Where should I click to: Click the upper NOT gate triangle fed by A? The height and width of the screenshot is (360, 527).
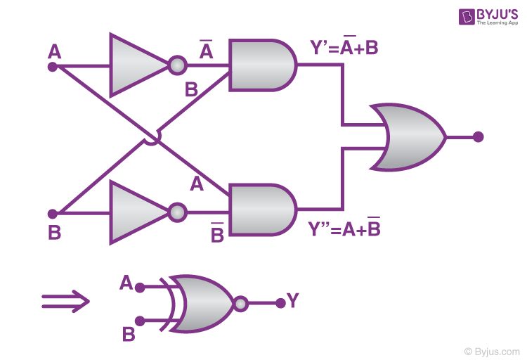click(135, 65)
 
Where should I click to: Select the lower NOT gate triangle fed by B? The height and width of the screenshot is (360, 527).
click(135, 212)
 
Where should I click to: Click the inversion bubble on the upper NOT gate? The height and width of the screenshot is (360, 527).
click(177, 66)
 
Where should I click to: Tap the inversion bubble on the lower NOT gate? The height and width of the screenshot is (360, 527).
click(177, 212)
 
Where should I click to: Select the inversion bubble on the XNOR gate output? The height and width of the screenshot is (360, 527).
click(241, 304)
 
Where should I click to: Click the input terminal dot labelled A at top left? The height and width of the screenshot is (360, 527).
click(52, 67)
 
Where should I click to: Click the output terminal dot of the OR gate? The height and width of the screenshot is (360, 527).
click(479, 137)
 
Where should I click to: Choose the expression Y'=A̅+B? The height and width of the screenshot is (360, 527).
click(344, 48)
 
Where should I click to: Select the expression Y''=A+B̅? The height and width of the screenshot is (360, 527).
click(344, 229)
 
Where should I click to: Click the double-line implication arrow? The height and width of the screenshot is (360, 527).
click(65, 302)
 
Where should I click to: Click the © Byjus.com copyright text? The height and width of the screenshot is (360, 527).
click(491, 350)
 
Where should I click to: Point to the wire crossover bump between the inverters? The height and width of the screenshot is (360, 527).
click(151, 138)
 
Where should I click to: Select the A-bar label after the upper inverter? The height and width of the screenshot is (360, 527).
click(206, 51)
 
